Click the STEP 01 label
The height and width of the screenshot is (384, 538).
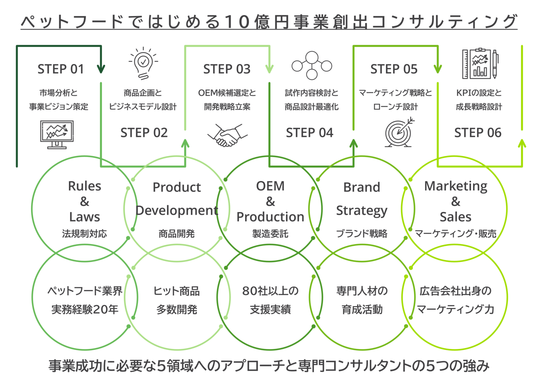[x=60, y=69]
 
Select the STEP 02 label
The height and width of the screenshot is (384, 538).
[x=144, y=133]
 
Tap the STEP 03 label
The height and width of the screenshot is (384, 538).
[x=227, y=69]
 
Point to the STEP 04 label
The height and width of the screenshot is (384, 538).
[x=309, y=133]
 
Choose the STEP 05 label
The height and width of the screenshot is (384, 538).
[x=394, y=69]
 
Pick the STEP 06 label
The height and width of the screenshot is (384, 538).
[x=477, y=133]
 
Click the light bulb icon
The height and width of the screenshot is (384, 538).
[x=143, y=63]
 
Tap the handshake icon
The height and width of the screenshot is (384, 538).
[x=227, y=136]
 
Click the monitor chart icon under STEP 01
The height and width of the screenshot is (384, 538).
[x=57, y=135]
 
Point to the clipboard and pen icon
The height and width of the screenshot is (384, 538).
[x=480, y=64]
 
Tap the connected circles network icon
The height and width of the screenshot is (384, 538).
[x=311, y=65]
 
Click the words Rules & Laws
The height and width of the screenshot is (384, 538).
[x=84, y=201]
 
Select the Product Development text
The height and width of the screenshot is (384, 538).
[x=177, y=199]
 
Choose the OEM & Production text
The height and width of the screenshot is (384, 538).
[x=270, y=201]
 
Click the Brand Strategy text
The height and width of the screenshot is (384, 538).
[x=362, y=199]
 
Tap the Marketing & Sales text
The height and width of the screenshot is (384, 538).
[x=455, y=201]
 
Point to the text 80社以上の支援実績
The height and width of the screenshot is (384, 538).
[x=270, y=300]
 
